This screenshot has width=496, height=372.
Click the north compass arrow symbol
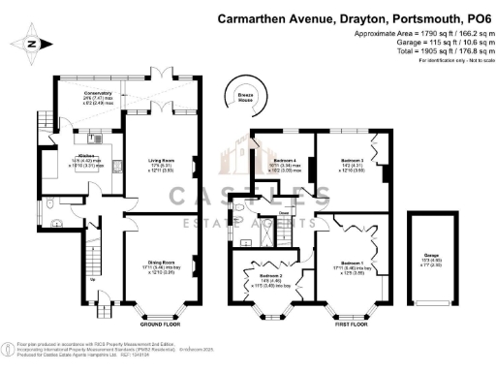[32, 44]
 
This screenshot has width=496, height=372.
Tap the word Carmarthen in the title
[258, 17]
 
